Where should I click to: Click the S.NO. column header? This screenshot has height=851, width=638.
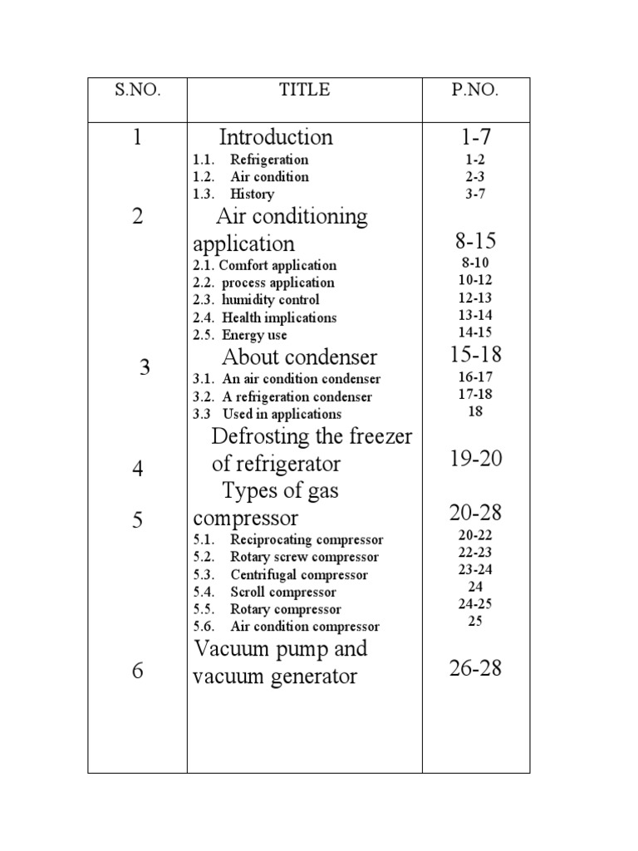click(x=137, y=91)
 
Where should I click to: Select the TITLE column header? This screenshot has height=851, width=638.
click(x=304, y=91)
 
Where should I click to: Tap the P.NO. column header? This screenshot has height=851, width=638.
click(x=475, y=91)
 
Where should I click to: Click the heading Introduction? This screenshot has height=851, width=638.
click(x=276, y=137)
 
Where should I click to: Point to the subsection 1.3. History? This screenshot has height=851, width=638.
click(x=233, y=194)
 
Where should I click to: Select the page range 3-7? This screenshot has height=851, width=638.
click(x=475, y=194)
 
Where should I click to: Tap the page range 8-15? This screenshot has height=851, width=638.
click(x=475, y=242)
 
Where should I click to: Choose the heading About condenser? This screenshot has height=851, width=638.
click(x=299, y=357)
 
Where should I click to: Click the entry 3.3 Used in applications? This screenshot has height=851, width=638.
click(x=267, y=414)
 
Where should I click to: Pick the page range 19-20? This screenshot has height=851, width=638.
click(x=475, y=458)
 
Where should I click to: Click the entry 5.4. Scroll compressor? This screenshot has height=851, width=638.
click(x=264, y=593)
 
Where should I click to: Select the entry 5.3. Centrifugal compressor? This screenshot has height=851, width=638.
click(x=280, y=575)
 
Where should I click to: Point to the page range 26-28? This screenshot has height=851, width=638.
click(x=475, y=668)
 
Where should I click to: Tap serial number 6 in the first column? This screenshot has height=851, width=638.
click(x=137, y=671)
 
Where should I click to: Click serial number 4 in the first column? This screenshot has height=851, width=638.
click(x=137, y=469)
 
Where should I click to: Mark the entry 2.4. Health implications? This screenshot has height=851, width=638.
click(x=264, y=317)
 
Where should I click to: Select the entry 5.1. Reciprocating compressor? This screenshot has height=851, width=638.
click(x=287, y=540)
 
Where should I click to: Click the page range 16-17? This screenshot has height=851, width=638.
click(x=475, y=376)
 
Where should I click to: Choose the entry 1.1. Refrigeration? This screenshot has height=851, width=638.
click(x=250, y=160)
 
